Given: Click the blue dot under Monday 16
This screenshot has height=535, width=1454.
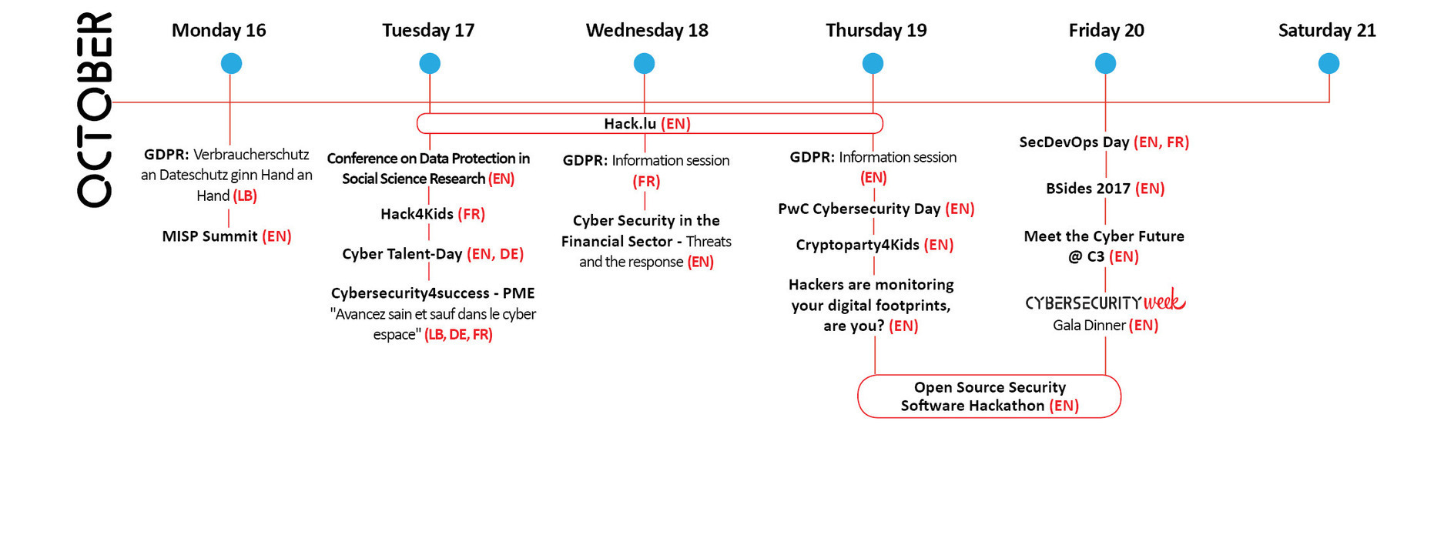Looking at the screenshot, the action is tap(231, 63).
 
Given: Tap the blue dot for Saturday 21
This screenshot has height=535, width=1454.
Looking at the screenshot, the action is tap(1328, 63).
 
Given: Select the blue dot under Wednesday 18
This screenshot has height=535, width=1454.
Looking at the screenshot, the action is tap(644, 63).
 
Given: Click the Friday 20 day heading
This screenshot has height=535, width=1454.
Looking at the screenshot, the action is tap(1106, 30).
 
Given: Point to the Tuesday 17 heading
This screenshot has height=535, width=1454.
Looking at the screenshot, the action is tap(428, 30).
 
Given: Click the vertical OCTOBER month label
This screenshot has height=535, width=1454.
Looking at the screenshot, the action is tap(95, 109).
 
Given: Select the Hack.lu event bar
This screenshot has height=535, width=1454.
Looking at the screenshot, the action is tap(649, 123).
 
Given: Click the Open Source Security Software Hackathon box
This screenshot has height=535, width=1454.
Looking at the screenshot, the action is tap(989, 396).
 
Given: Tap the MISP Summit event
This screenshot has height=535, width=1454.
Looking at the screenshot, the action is tap(226, 236).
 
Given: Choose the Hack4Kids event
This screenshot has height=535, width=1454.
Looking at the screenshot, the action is tap(433, 214).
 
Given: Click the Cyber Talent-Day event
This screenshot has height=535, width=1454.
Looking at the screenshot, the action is tap(433, 254).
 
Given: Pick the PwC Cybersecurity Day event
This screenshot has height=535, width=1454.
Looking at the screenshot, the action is tap(876, 209).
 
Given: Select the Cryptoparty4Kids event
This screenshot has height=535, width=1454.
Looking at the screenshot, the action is tap(875, 245).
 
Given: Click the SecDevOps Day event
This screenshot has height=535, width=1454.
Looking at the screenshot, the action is tap(1104, 142).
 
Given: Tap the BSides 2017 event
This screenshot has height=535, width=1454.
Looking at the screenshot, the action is tap(1105, 189).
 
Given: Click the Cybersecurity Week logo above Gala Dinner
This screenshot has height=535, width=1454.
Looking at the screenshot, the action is tap(1105, 301).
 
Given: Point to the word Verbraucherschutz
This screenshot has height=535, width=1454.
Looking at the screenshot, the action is tap(251, 155).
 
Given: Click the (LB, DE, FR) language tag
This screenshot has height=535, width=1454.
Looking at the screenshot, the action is tap(458, 335).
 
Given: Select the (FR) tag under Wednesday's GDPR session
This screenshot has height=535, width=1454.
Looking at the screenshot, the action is tap(646, 182).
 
